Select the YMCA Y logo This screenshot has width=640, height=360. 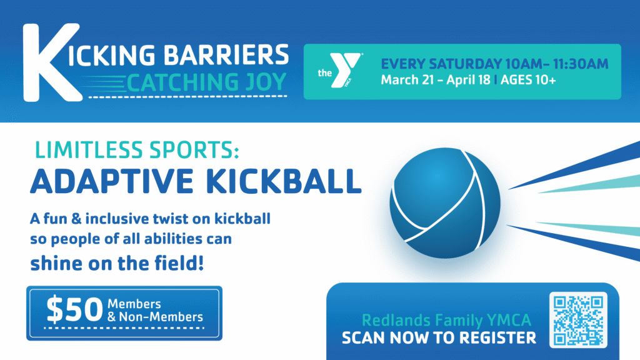click(345, 70)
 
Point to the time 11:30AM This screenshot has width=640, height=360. click(581, 64)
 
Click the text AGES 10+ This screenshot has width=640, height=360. click(528, 80)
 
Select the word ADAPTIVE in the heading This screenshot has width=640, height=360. click(111, 181)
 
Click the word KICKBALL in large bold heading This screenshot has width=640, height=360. click(284, 181)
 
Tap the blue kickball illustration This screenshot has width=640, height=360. click(445, 203)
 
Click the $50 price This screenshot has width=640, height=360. click(75, 309)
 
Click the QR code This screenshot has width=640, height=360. click(578, 320)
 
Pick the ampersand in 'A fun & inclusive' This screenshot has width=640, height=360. click(76, 219)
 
